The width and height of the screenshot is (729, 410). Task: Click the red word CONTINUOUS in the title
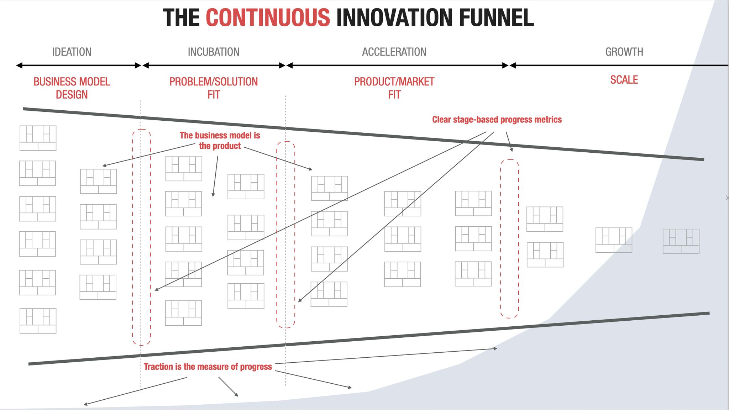click(268, 18)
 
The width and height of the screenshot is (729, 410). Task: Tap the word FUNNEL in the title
click(496, 18)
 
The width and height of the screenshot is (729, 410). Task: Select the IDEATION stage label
click(72, 52)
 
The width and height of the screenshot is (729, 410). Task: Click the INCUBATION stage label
click(214, 52)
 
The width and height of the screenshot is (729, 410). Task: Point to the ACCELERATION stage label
click(394, 52)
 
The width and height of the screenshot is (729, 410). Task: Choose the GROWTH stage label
click(624, 52)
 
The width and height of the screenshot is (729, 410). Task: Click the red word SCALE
click(624, 80)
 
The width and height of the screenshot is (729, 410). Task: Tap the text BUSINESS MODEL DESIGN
click(72, 88)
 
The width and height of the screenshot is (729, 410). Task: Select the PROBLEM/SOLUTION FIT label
click(214, 88)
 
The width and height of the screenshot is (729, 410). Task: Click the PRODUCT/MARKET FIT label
click(394, 88)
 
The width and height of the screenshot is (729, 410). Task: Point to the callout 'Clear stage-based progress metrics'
click(497, 120)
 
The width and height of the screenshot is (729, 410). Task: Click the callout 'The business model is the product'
click(220, 141)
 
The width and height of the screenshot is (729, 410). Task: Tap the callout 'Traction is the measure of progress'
click(208, 367)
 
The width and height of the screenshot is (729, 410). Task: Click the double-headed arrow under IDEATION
click(79, 65)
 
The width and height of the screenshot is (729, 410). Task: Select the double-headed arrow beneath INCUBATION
click(214, 65)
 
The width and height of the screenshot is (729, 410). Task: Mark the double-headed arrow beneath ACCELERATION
click(398, 65)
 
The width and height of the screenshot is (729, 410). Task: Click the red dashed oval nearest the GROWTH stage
click(500, 238)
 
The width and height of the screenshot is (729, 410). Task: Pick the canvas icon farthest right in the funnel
click(681, 241)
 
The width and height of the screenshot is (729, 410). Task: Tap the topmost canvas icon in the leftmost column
click(38, 138)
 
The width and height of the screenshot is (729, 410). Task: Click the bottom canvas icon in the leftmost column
click(38, 321)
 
